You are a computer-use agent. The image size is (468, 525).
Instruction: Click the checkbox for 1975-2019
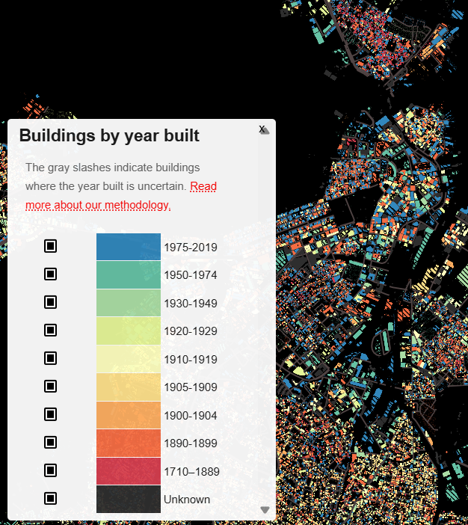[50, 246]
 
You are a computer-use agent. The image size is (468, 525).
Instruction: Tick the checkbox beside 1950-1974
[50, 274]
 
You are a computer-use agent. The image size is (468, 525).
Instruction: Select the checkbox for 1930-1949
[50, 302]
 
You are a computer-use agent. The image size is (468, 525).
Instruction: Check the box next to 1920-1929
[50, 330]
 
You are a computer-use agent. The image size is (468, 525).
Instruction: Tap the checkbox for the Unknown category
[50, 498]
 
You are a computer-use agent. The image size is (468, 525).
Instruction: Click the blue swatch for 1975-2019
[128, 247]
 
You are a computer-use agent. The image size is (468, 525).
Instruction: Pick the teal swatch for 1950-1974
[128, 274]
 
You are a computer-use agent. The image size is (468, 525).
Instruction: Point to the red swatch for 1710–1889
[128, 471]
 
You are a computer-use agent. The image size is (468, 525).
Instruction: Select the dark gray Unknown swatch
[128, 499]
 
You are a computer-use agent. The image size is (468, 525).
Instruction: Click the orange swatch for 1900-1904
[128, 415]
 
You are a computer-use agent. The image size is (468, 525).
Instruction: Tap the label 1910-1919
[190, 360]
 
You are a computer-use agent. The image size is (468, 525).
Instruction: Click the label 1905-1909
[190, 387]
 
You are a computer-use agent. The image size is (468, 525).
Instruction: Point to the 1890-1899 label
[190, 443]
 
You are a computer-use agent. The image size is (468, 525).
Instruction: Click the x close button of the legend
[262, 129]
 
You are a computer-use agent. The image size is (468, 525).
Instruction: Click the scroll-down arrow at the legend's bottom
[264, 510]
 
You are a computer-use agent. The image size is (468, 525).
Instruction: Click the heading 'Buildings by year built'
[109, 136]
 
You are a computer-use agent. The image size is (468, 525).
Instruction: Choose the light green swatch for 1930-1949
[128, 303]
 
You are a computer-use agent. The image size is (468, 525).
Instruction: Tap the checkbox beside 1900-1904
[50, 414]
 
